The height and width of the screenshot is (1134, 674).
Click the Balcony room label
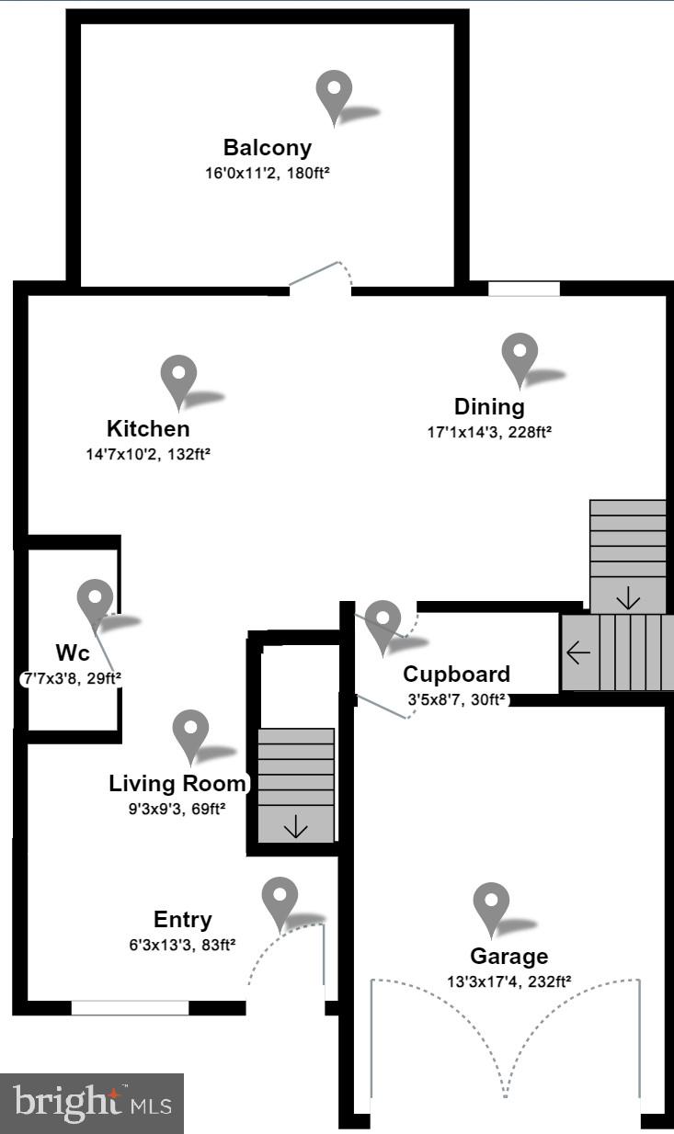pyautogui.click(x=268, y=147)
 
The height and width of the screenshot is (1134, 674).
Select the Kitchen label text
pyautogui.click(x=148, y=428)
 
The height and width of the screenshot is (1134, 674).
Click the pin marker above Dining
pyautogui.click(x=520, y=357)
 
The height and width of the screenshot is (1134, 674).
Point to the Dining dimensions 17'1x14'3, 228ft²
pyautogui.click(x=489, y=431)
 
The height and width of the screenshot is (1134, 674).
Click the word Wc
pyautogui.click(x=72, y=653)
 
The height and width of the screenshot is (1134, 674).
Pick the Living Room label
pyautogui.click(x=177, y=784)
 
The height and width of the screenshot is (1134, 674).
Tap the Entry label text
pyautogui.click(x=182, y=920)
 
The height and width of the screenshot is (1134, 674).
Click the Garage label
pyautogui.click(x=508, y=957)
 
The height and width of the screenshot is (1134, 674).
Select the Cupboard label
pyautogui.click(x=456, y=675)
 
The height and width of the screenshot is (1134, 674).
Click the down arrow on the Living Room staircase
pyautogui.click(x=296, y=828)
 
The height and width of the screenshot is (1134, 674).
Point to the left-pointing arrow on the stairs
pyautogui.click(x=578, y=653)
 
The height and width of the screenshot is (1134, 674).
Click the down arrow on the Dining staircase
pyautogui.click(x=628, y=600)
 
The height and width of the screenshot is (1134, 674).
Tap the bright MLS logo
pyautogui.click(x=92, y=1102)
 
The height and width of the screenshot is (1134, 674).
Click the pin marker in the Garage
pyautogui.click(x=491, y=906)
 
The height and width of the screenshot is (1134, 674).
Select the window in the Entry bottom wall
pyautogui.click(x=130, y=1007)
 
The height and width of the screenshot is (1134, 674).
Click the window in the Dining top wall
pyautogui.click(x=523, y=289)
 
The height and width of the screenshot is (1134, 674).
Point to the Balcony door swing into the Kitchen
pyautogui.click(x=320, y=277)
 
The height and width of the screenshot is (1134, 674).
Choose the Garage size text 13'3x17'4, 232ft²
pyautogui.click(x=508, y=981)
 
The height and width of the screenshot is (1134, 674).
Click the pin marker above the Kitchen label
pyautogui.click(x=178, y=380)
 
